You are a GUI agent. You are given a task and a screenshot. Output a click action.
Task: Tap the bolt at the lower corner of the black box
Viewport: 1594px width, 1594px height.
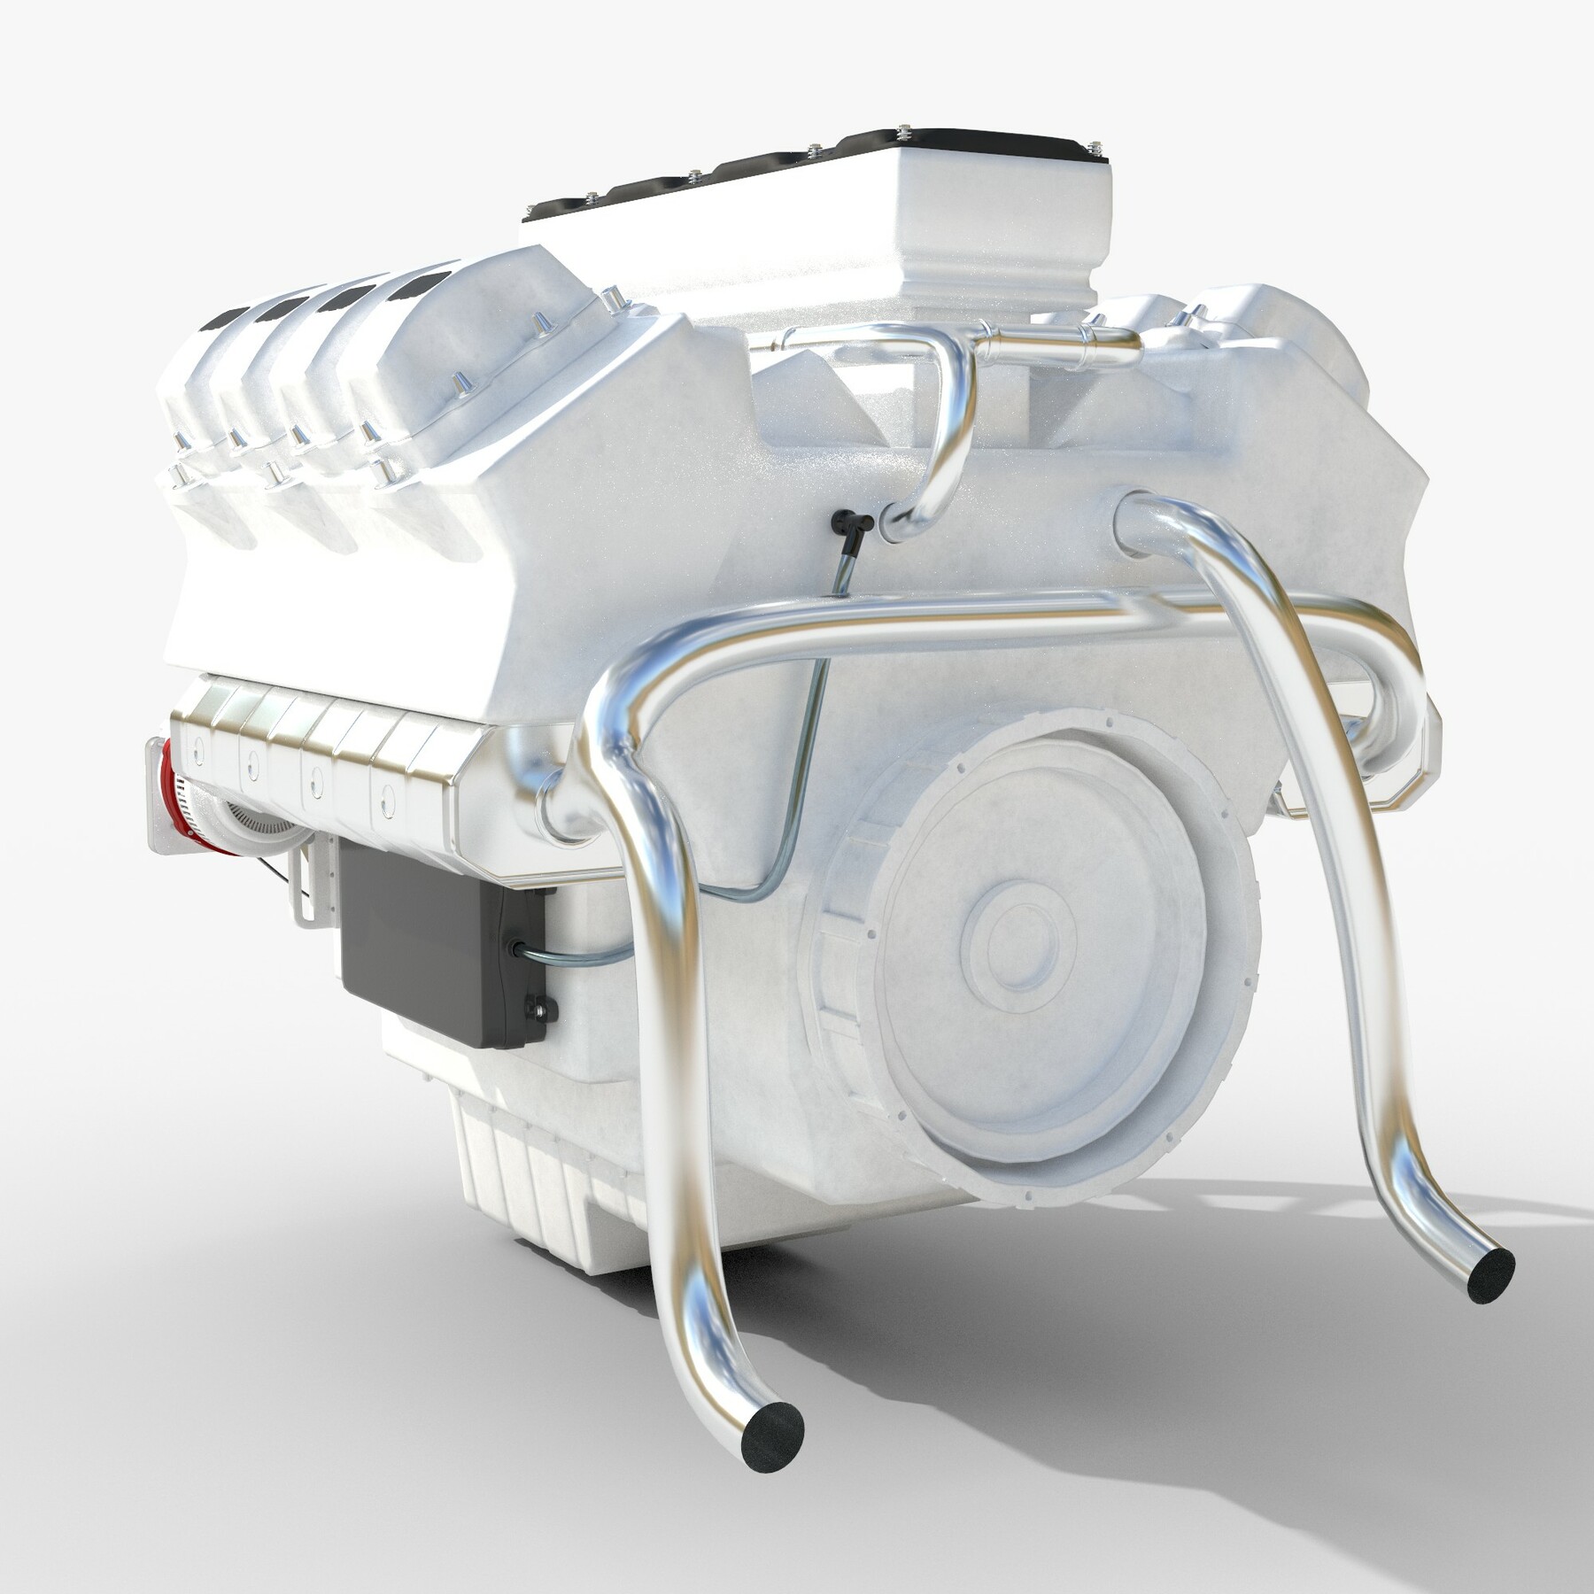coord(537,1007)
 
